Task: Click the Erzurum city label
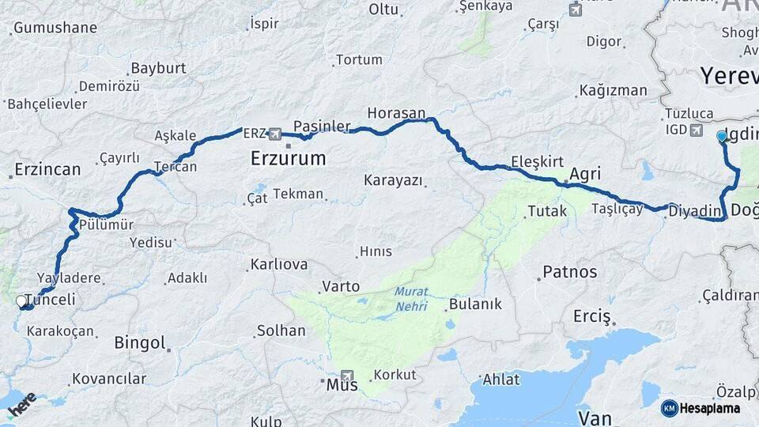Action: click(x=288, y=158)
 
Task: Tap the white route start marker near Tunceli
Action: click(x=21, y=301)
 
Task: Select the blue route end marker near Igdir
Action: click(x=721, y=137)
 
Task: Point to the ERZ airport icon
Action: click(x=274, y=134)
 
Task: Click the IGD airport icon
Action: click(x=695, y=130)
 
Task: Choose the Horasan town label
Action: click(x=396, y=113)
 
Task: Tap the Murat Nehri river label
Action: click(x=411, y=299)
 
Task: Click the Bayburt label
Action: click(x=158, y=68)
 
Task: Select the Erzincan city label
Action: click(x=47, y=169)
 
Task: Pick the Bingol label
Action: click(x=140, y=343)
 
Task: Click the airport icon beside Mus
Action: click(x=347, y=376)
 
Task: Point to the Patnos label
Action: click(x=569, y=272)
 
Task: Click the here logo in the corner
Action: click(x=22, y=404)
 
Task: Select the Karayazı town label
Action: click(x=393, y=180)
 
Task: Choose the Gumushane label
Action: click(x=55, y=28)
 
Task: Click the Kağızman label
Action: click(x=613, y=90)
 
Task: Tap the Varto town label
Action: click(x=341, y=286)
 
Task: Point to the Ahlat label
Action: click(x=501, y=380)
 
